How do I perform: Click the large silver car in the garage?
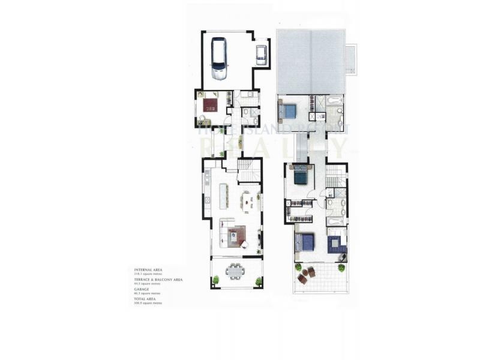pyautogui.click(x=218, y=59)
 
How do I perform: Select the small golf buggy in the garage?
pyautogui.click(x=260, y=55)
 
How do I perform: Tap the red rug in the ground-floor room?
pyautogui.click(x=211, y=106)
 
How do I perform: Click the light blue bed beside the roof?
pyautogui.click(x=289, y=112)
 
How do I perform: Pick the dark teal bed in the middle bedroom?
pyautogui.click(x=300, y=176)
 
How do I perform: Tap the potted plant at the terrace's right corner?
pyautogui.click(x=259, y=280)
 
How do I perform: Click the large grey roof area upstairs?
pyautogui.click(x=311, y=61)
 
